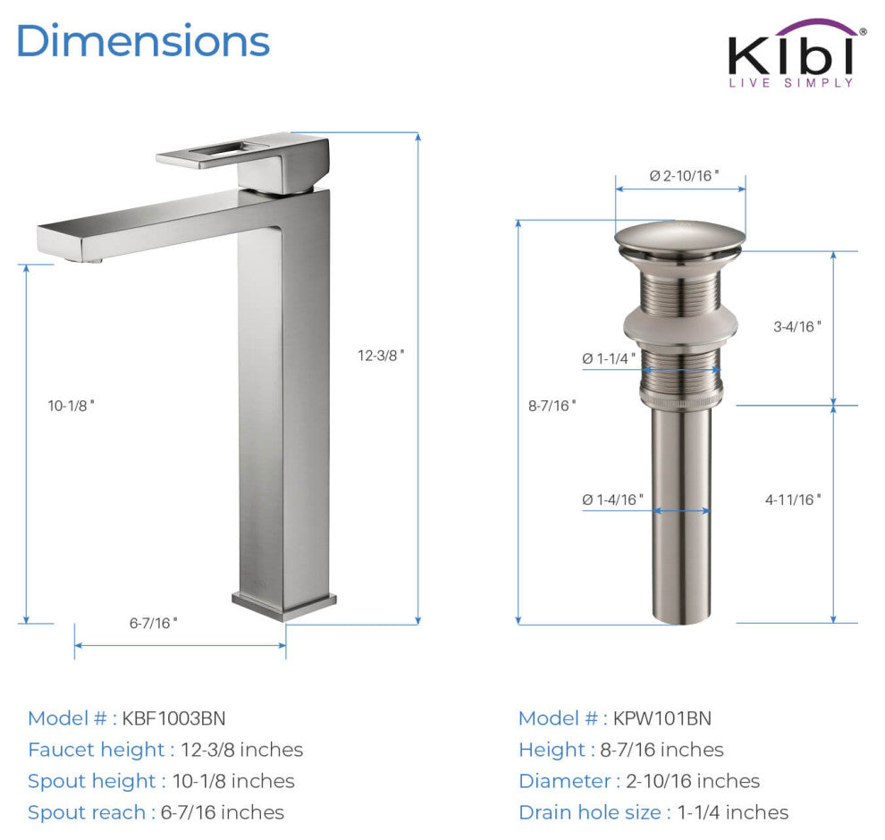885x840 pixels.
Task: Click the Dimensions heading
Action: tap(143, 41)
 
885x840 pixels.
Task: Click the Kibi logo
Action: tap(792, 55)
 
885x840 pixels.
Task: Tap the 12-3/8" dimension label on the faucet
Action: tap(382, 355)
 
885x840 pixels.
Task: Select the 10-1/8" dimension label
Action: tap(72, 405)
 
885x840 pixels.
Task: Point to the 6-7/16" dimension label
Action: tap(154, 623)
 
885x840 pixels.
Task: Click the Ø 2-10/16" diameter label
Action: tap(684, 175)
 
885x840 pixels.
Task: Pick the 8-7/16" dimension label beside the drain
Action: tap(552, 405)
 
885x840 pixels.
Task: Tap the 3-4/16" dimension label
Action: tap(797, 326)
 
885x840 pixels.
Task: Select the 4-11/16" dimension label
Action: tap(793, 500)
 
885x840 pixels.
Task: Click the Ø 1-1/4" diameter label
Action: tap(609, 358)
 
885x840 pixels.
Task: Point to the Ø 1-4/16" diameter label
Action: tap(612, 500)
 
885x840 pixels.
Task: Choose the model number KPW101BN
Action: tap(662, 718)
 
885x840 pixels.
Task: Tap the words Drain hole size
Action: tap(590, 812)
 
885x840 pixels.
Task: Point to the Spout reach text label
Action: tap(86, 812)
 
